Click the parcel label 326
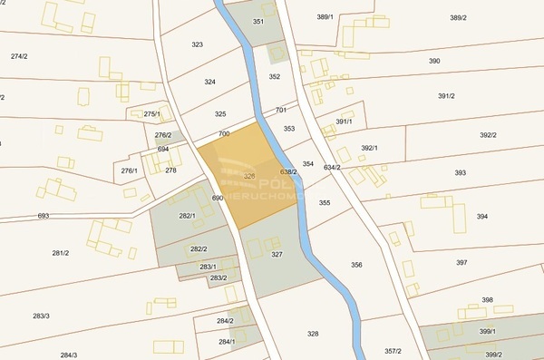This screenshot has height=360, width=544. point(248,175)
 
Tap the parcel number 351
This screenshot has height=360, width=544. point(258,21)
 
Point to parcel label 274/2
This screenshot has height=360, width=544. point(19,56)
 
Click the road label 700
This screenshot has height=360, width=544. point(224,133)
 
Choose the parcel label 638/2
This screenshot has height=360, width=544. point(288,171)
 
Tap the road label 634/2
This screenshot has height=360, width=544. point(331,167)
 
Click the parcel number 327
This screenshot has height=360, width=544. point(277,254)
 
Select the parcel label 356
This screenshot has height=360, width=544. point(356,265)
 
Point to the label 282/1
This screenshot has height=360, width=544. point(187,216)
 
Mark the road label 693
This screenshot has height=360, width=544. point(44,216)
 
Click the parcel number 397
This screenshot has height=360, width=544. point(461,262)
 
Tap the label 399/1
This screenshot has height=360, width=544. point(488,332)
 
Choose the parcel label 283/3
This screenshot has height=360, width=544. point(41,316)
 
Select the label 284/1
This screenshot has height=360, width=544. point(227,342)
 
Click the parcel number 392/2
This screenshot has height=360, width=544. point(488,135)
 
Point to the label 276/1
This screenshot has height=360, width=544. point(130,170)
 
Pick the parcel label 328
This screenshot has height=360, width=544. point(313,334)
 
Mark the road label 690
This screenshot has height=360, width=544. point(217,198)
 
